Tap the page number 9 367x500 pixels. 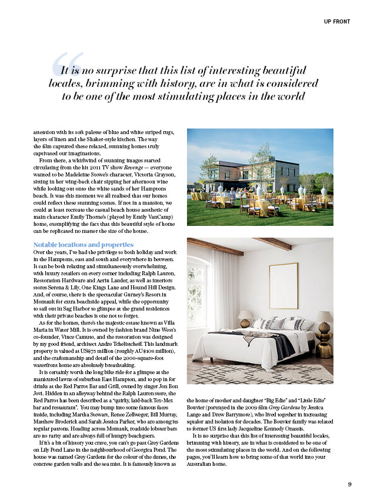(349, 484)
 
